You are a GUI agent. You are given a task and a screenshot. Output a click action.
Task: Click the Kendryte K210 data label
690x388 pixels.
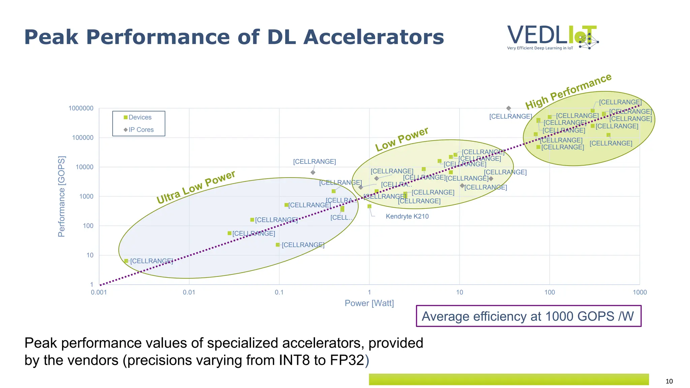[407, 216]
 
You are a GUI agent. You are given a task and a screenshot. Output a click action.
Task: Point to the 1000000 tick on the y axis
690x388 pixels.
[81, 108]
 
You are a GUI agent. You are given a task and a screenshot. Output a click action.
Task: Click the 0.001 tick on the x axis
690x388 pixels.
[99, 292]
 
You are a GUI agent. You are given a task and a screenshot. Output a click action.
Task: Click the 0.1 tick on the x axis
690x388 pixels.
[279, 292]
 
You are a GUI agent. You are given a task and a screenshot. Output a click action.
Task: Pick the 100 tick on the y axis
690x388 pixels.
[88, 226]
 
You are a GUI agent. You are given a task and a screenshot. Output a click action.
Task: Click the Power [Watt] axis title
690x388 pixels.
[369, 303]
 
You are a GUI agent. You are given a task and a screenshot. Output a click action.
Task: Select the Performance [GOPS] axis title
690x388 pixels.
[61, 196]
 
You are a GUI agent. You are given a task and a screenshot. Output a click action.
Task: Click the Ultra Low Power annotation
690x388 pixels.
[196, 187]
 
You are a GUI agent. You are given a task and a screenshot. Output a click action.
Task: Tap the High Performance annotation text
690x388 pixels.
[568, 91]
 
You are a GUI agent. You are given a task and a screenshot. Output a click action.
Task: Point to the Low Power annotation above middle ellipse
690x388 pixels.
[402, 139]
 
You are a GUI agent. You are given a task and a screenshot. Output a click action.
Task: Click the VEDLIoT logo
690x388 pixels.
[553, 37]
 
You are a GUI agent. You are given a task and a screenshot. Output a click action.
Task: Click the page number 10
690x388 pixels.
[669, 381]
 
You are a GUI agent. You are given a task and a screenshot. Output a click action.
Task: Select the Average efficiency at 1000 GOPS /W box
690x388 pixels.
[528, 316]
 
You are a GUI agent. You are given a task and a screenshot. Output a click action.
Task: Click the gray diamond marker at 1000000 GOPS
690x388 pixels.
[508, 108]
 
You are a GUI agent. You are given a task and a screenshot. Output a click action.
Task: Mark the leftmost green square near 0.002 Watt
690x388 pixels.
[126, 261]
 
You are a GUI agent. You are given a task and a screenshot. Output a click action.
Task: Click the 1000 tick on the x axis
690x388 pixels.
[639, 292]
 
